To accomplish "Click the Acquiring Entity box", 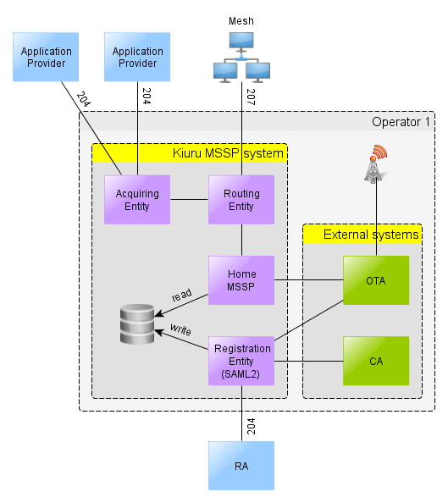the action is [137, 200].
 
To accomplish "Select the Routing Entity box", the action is [241, 200].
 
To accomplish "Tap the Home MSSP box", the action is [241, 280].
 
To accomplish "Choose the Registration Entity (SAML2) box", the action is [241, 361].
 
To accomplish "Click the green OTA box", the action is [376, 280].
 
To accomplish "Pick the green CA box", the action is [376, 361].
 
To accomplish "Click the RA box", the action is [241, 466].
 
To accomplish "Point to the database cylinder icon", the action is [137, 324].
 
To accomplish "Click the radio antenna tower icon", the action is [375, 164].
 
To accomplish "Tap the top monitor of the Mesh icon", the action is [241, 41].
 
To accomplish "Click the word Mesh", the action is [241, 21].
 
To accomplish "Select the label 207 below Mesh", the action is [251, 97].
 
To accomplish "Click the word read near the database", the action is [182, 295].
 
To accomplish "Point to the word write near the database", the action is [180, 329].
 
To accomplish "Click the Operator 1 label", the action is [401, 122].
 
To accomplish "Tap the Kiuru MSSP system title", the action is [228, 153].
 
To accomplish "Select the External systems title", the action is [371, 235].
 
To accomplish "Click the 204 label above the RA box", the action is [251, 426].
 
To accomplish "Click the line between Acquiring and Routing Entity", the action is [190, 200].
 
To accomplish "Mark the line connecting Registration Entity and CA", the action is [309, 362].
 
